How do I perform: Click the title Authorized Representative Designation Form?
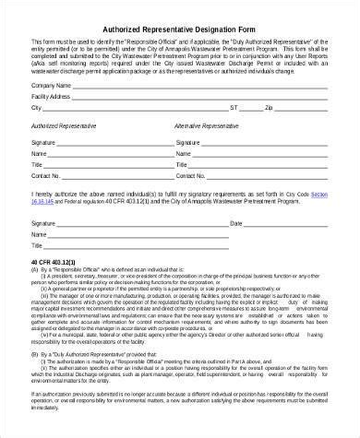[181, 29]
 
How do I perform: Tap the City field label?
[36, 107]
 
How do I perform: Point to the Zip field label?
[294, 107]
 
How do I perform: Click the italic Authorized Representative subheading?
[64, 124]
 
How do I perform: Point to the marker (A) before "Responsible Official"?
[35, 273]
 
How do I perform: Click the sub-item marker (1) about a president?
[41, 280]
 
